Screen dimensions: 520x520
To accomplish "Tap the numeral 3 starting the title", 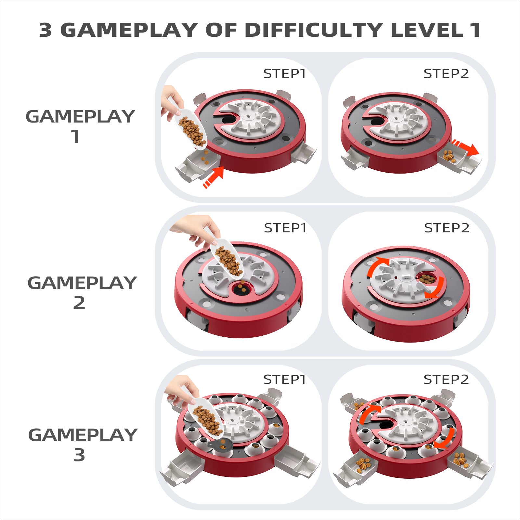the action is (x=45, y=30).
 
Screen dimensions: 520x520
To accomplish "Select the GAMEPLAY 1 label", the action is (x=80, y=126).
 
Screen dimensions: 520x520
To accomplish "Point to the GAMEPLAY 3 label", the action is (x=83, y=445).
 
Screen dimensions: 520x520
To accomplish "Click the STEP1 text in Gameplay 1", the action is (x=284, y=74).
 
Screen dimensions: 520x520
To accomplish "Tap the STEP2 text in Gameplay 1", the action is (x=446, y=74).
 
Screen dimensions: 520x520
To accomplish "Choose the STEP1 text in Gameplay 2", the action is (x=285, y=228).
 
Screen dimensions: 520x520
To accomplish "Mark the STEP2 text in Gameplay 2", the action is (x=447, y=228).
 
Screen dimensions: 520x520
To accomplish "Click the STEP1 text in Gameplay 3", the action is (x=284, y=379).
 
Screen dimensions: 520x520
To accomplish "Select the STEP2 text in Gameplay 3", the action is (x=446, y=379).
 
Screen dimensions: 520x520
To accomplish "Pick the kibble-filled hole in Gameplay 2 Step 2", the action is (x=427, y=279).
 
